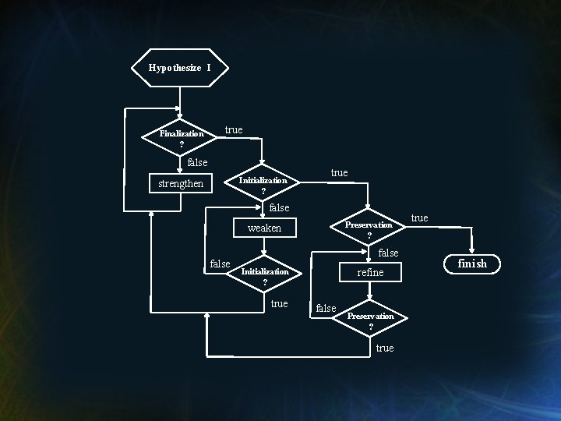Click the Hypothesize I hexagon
pos(180,68)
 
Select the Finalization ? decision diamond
pos(181,136)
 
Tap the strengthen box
pos(181,184)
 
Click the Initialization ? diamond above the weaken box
pos(263,184)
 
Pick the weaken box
pos(264,228)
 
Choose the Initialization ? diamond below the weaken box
pos(265,275)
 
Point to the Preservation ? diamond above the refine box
pos(369,228)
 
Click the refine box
pos(370,272)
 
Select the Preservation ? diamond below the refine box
pos(370,320)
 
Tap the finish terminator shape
pos(471,264)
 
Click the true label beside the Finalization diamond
pos(234,129)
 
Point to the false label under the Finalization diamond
pos(198,162)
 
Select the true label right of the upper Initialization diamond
pos(339,172)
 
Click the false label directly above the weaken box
pos(278,207)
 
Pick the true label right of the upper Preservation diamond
pos(419,218)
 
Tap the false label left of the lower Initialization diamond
pos(221,264)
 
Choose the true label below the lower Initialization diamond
pos(279,303)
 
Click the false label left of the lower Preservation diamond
pos(326,309)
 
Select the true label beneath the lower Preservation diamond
pos(385,348)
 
